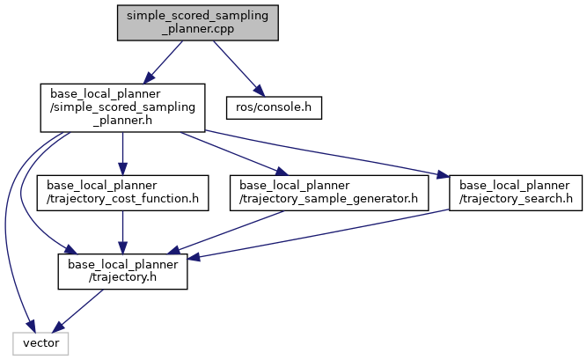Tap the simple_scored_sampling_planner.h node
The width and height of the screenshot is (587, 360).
(x=122, y=107)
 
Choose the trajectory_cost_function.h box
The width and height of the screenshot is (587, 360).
(x=122, y=192)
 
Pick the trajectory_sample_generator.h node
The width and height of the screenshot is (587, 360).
(x=328, y=192)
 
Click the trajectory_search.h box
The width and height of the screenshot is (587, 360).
(x=515, y=192)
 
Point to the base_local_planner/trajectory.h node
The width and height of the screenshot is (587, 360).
(x=122, y=273)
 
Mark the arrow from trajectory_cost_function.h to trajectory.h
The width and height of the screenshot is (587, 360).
(x=122, y=232)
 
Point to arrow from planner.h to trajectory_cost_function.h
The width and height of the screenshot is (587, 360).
(x=122, y=150)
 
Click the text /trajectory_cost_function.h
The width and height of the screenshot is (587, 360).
(x=122, y=199)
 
